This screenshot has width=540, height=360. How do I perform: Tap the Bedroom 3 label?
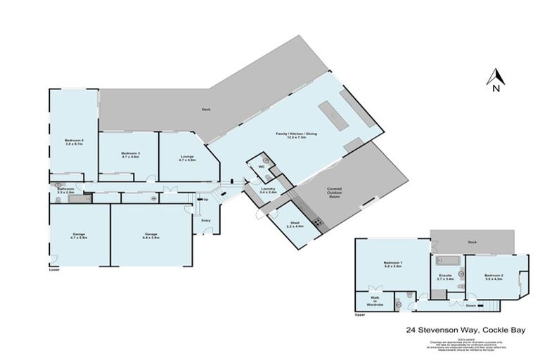pyautogui.click(x=130, y=155)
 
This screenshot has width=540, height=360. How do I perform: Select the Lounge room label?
pyautogui.click(x=186, y=159)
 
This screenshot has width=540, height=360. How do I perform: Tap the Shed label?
pyautogui.click(x=295, y=225)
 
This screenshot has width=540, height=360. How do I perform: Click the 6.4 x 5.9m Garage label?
pyautogui.click(x=151, y=236)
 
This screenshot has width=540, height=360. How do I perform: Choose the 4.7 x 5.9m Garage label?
pyautogui.click(x=79, y=236)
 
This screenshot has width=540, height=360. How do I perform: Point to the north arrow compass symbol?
pyautogui.click(x=496, y=79)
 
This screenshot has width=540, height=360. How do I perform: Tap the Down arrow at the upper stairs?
pyautogui.click(x=470, y=304)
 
